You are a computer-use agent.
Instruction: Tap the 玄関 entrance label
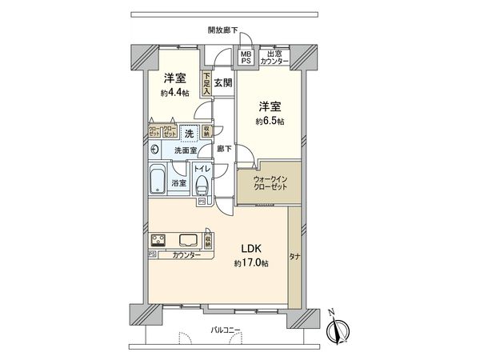pos(223,83)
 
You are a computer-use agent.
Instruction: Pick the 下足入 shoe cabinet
pos(206,82)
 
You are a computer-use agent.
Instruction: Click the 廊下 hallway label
pos(225,149)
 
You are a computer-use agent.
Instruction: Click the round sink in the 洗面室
pos(153,150)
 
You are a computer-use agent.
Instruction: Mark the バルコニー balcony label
pos(226,329)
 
